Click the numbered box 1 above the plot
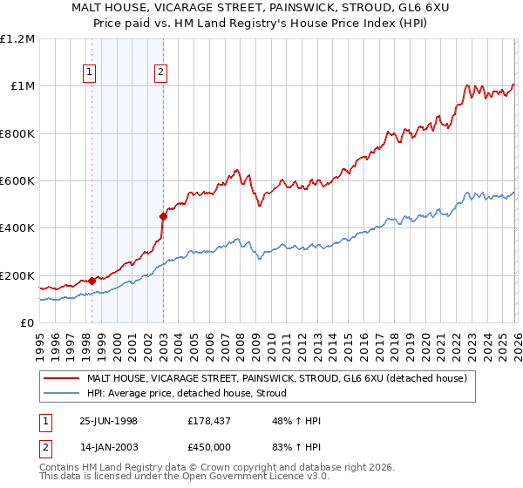point(91,73)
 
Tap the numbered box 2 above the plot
point(161,73)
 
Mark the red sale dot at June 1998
point(92,281)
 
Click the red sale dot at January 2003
point(163,216)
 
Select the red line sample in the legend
point(62,378)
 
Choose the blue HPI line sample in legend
point(62,393)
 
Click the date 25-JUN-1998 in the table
point(108,421)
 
